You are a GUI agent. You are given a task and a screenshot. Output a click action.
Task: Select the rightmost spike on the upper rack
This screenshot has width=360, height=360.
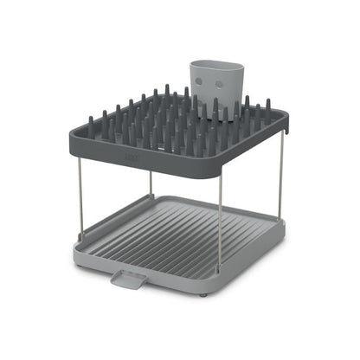(267, 106)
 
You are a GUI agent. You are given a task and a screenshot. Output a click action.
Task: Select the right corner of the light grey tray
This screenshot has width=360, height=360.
(283, 227)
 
